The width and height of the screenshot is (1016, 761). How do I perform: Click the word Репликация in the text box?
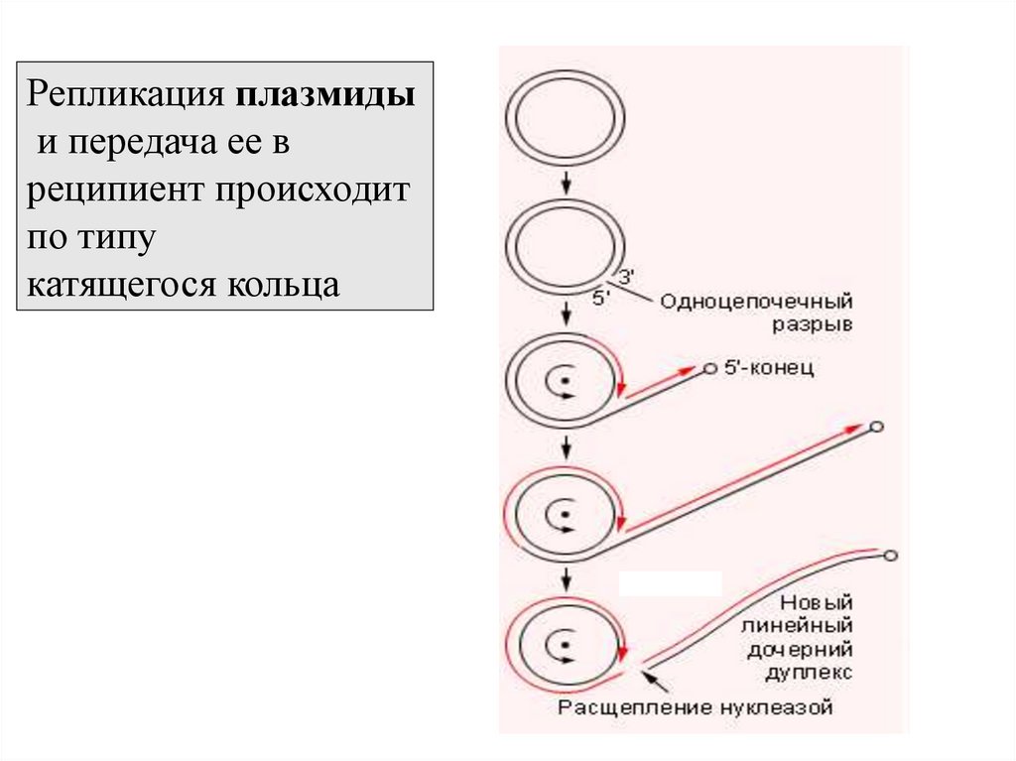pyautogui.click(x=127, y=97)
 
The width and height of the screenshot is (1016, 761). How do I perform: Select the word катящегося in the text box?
pyautogui.click(x=121, y=285)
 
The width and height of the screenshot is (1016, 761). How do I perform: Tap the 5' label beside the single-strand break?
pyautogui.click(x=601, y=298)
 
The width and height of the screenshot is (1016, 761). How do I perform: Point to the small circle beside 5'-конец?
pyautogui.click(x=709, y=369)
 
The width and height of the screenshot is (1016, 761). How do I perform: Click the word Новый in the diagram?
pyautogui.click(x=817, y=602)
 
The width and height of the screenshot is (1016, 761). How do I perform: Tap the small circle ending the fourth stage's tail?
pyautogui.click(x=875, y=428)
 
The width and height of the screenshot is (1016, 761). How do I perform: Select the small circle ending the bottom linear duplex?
pyautogui.click(x=890, y=556)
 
